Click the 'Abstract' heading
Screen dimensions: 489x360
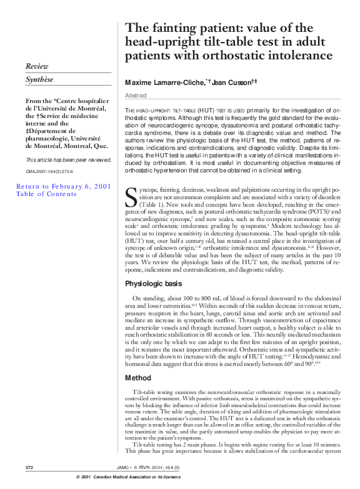pyautogui.click(x=136, y=96)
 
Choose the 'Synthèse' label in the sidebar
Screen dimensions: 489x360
pyautogui.click(x=39, y=80)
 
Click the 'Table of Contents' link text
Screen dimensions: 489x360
pyautogui.click(x=46, y=194)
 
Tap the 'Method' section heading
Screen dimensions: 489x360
pyautogui.click(x=139, y=378)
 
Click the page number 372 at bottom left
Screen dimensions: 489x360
pyautogui.click(x=29, y=467)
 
